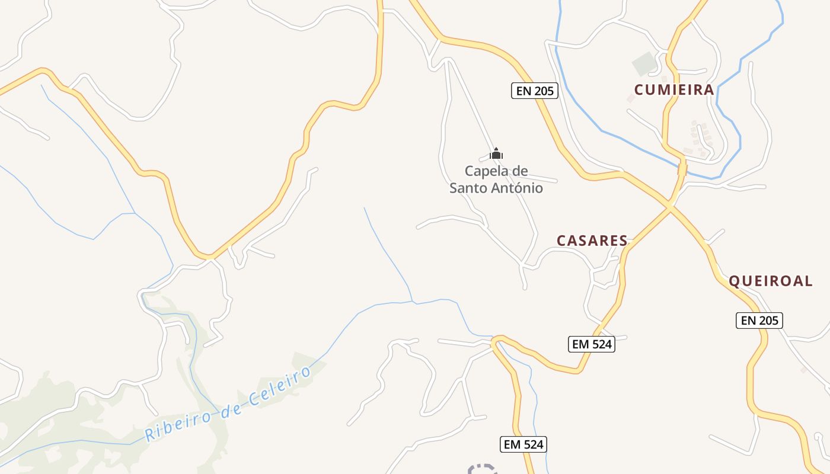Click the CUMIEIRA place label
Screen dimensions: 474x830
pos(674,90)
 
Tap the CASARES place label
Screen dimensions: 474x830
pos(592,241)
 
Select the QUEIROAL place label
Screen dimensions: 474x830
pos(770,281)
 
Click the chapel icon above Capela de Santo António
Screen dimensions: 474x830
pos(496,154)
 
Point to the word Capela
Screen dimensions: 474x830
pos(486,171)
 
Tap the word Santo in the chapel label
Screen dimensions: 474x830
pos(469,188)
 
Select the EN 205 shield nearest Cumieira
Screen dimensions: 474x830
pos(534,91)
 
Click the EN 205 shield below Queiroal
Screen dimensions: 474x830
pos(759,321)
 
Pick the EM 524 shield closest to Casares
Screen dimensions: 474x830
pos(591,344)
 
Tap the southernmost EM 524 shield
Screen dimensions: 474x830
pos(523,444)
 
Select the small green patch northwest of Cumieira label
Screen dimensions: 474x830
pos(644,62)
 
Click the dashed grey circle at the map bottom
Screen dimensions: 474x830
pos(482,469)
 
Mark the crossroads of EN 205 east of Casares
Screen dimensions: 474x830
pos(671,206)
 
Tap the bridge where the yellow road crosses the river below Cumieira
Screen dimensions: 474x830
pos(682,169)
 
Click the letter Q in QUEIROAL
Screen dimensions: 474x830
pos(734,281)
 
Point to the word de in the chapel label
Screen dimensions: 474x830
pos(519,171)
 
